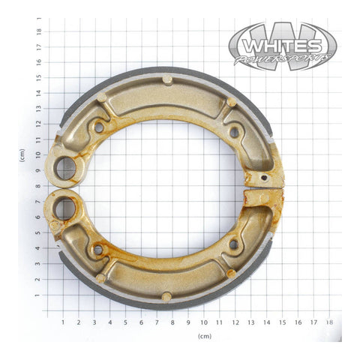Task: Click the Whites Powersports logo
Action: click(282, 46)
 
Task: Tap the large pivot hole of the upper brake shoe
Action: click(66, 166)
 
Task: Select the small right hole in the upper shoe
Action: click(234, 132)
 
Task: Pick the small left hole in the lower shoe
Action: click(97, 248)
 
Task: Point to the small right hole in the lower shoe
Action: click(234, 244)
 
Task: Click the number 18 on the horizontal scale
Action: click(328, 322)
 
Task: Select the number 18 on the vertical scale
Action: click(39, 31)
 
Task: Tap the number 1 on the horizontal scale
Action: click(63, 322)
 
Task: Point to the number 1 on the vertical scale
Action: click(39, 295)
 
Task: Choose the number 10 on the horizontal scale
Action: click(203, 322)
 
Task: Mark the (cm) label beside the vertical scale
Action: click(22, 155)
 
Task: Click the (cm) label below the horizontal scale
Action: click(204, 337)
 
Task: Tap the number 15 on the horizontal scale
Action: click(281, 322)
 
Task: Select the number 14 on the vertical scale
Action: click(39, 93)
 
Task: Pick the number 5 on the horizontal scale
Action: click(125, 322)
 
